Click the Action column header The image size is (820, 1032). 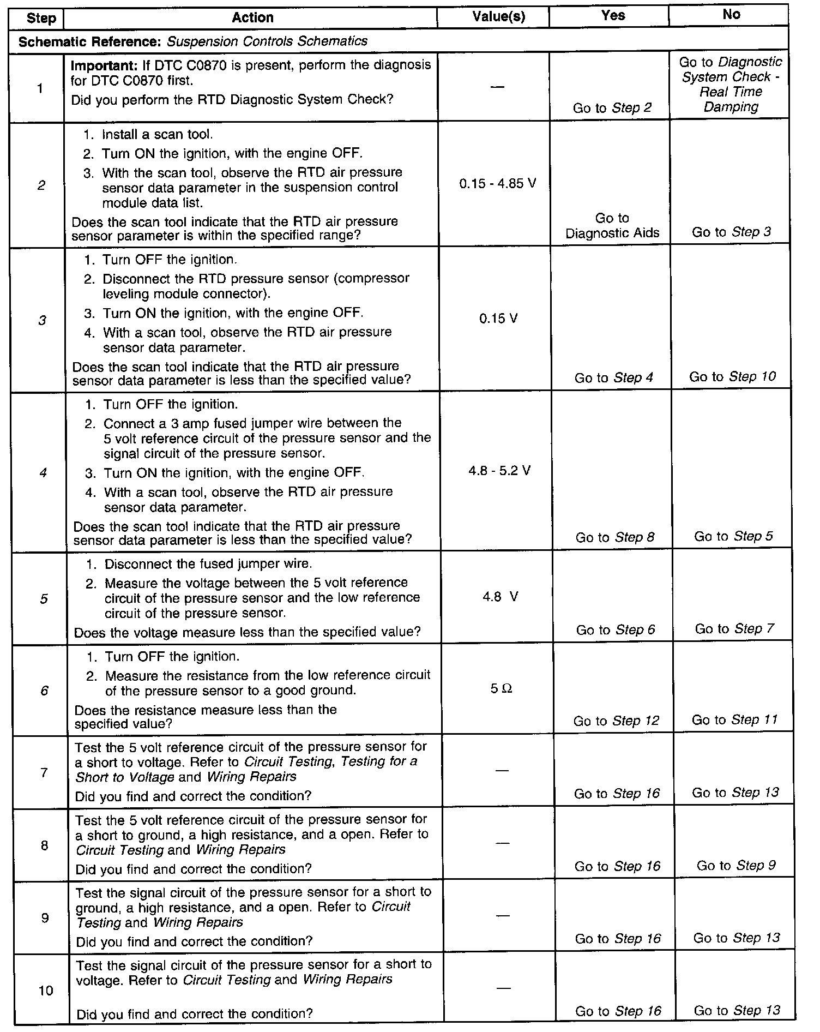click(x=252, y=17)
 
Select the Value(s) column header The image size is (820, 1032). click(x=498, y=17)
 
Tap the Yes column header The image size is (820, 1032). click(x=613, y=16)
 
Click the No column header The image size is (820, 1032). click(x=731, y=15)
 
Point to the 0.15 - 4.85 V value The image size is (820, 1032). click(x=498, y=184)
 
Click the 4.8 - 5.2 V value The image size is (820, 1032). click(x=499, y=471)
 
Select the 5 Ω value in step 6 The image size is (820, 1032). click(x=501, y=689)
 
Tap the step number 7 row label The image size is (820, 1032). click(x=44, y=772)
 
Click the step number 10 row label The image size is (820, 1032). click(x=46, y=990)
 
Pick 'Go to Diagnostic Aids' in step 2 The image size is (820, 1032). click(x=612, y=226)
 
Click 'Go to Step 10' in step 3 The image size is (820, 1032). click(x=732, y=377)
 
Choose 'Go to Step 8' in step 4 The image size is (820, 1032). click(x=615, y=537)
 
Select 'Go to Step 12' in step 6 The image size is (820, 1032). click(x=616, y=721)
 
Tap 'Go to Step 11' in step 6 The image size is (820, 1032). click(x=734, y=720)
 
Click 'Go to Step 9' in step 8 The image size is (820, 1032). click(x=736, y=866)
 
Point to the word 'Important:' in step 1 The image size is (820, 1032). click(x=104, y=65)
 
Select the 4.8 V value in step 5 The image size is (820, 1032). click(x=500, y=597)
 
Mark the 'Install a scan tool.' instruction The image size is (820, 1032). click(x=158, y=135)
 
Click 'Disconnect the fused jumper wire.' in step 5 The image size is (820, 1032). click(x=208, y=563)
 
